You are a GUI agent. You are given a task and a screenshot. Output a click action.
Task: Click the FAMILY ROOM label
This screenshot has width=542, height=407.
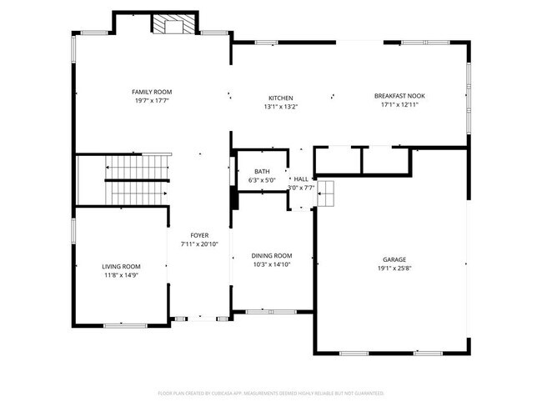coord(151,92)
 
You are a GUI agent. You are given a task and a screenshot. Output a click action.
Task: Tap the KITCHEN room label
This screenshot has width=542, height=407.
coord(280,98)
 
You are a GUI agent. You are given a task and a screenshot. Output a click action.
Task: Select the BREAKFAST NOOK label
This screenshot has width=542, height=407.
coord(409,96)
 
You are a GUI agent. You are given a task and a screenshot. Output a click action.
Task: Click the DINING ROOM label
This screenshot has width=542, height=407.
coord(272,255)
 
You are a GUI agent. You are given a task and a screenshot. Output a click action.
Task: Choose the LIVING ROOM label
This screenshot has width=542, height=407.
coord(121,266)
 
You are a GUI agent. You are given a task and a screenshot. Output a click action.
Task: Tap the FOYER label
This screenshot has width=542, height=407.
coord(199,235)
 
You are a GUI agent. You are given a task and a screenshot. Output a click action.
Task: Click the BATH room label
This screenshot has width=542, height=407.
coord(250,171)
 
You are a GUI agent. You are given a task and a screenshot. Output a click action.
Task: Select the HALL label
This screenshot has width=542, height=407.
coord(301,178)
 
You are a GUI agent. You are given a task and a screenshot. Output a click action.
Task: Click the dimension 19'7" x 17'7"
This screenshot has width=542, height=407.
coord(151,101)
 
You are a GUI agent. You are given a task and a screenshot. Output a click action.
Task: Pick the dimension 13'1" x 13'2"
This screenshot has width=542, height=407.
coord(280,107)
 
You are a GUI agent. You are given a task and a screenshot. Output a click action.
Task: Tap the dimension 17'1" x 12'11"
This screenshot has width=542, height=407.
coord(409,105)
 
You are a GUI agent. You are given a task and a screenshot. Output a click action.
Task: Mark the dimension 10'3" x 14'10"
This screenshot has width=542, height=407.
coord(272,264)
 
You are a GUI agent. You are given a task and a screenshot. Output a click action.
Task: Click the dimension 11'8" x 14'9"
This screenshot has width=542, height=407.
coord(121,275)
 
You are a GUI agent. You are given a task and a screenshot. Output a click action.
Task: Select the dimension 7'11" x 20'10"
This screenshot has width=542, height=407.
coord(199,244)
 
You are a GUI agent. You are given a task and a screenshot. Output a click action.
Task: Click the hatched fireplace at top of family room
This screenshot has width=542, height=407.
coord(173,26)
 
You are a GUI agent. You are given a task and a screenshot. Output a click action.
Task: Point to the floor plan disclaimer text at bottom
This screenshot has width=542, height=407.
coord(271,393)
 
